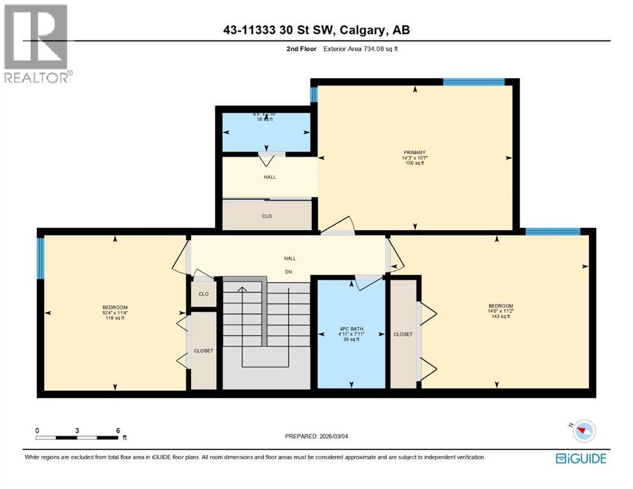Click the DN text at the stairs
point(289,270)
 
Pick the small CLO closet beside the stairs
point(203,294)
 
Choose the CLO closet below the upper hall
point(266,216)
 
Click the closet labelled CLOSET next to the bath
point(403,334)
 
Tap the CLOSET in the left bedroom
point(203,351)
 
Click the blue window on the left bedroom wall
point(41,258)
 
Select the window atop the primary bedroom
point(474,81)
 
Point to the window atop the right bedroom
point(553,232)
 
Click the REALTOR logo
point(37,43)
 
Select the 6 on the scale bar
point(118,430)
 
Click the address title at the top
point(316,30)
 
